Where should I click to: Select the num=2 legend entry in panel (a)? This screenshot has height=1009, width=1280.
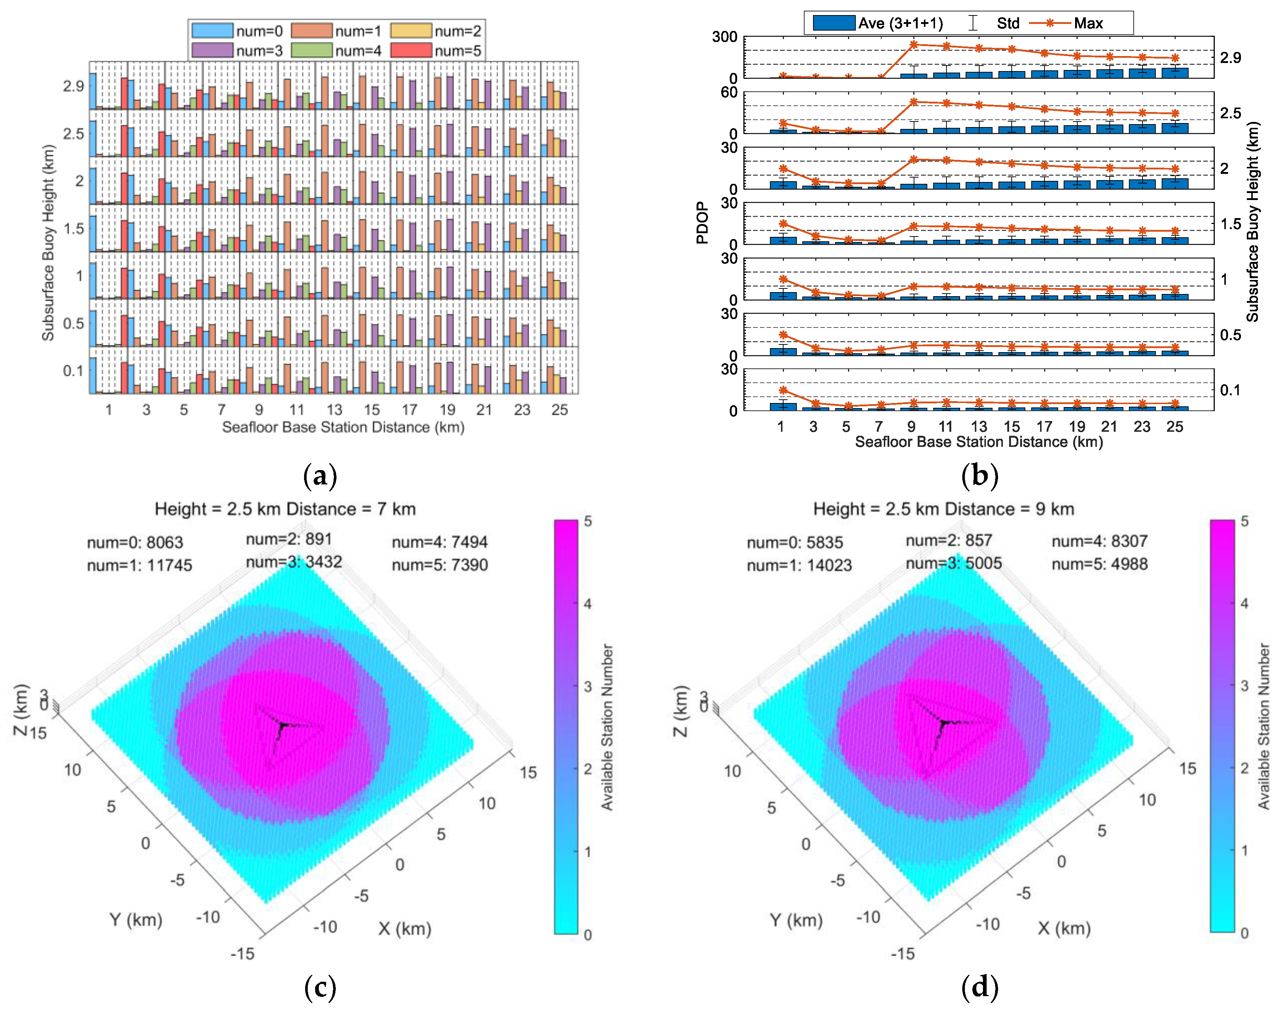coord(436,31)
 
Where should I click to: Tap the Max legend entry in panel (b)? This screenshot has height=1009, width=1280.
coord(1066,23)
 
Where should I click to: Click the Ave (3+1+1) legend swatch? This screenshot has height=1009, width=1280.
coord(833,23)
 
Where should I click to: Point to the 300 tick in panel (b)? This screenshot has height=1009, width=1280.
coord(725,37)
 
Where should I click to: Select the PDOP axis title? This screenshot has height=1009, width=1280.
coord(702,223)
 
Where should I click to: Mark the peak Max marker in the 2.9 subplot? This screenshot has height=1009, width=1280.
coord(914,44)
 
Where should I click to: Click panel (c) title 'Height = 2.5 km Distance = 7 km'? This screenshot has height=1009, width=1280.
coord(285,509)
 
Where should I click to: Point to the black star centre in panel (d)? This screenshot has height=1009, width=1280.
coord(944,722)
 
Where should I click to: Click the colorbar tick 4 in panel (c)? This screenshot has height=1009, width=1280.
coord(587,604)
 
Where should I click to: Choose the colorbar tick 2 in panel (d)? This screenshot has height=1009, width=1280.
coord(1244,768)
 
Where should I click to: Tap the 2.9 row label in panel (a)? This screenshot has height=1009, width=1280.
coord(74,86)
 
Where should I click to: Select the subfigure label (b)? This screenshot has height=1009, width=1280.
coord(979,475)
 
